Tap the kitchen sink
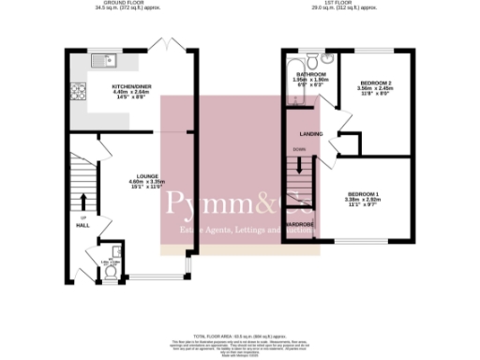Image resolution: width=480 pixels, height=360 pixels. coord(101,63)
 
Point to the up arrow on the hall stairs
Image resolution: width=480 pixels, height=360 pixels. coord(82,202)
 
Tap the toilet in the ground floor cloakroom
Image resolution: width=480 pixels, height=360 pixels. coord(111,273)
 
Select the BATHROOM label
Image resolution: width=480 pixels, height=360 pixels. coord(310,74)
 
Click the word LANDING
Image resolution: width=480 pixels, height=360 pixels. coord(312,134)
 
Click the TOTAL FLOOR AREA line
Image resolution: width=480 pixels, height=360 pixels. coord(239,335)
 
